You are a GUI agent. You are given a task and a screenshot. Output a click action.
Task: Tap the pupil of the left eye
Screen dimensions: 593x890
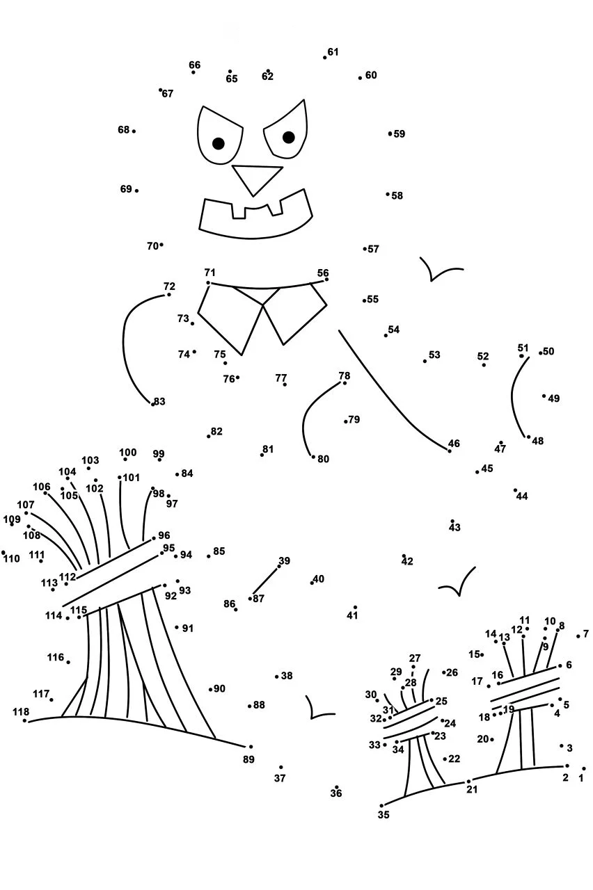click(x=219, y=143)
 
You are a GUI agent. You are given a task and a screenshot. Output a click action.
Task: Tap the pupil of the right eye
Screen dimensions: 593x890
click(x=288, y=138)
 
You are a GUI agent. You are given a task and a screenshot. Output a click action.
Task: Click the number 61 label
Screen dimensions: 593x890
click(x=333, y=52)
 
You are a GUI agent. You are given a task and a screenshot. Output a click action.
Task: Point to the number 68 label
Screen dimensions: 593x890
click(x=124, y=130)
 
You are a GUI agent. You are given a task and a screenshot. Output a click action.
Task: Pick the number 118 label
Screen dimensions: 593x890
click(x=21, y=711)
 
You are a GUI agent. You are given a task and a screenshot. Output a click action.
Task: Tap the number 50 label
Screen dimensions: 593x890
click(x=548, y=351)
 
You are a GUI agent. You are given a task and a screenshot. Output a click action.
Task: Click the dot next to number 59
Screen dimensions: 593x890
click(x=390, y=133)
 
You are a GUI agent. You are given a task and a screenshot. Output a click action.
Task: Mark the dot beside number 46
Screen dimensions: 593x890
click(x=450, y=451)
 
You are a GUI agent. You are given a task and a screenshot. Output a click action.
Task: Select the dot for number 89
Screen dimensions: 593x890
click(x=251, y=747)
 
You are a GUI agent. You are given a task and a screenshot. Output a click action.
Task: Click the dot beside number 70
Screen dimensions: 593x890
click(x=161, y=245)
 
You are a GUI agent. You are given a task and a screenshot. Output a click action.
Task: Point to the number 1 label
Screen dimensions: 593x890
click(x=581, y=778)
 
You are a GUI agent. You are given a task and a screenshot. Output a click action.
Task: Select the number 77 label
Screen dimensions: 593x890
click(x=280, y=378)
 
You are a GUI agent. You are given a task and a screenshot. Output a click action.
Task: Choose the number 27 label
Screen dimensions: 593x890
click(x=414, y=658)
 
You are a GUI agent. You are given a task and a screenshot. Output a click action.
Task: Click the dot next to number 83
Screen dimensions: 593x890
click(x=152, y=404)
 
